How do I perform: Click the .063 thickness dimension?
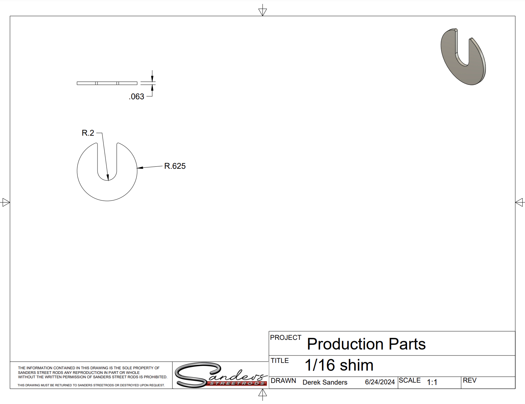(x=137, y=97)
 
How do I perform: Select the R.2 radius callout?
(x=88, y=133)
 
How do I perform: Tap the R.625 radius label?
(x=175, y=166)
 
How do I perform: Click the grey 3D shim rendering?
(x=463, y=57)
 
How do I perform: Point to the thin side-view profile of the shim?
(x=107, y=83)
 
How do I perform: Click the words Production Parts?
(x=366, y=344)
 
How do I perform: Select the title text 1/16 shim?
(x=339, y=365)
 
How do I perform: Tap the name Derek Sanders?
(x=325, y=382)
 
